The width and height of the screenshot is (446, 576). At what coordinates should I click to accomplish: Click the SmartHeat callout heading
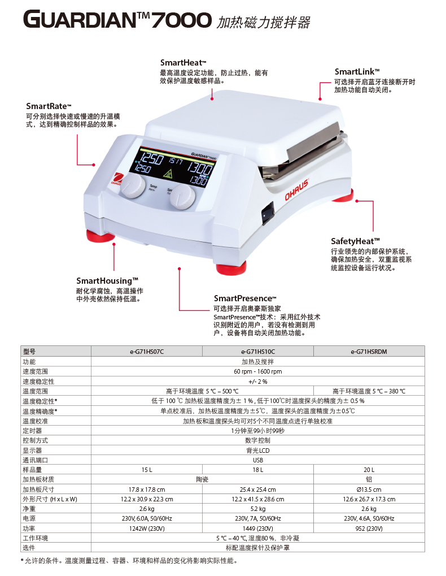point(183,63)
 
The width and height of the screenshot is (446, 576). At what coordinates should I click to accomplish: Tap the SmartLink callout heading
point(357,72)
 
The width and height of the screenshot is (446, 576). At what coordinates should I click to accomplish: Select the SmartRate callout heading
point(49,106)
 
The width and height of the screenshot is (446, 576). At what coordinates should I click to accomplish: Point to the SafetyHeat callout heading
point(355,241)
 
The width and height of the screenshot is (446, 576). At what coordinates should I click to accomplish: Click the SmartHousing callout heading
point(107,281)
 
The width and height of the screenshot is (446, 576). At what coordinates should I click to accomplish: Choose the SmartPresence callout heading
point(245,298)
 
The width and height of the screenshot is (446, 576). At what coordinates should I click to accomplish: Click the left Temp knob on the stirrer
point(133,185)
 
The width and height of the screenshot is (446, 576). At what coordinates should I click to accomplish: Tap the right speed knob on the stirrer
point(182,197)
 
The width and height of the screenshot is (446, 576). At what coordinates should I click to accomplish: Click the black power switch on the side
point(268,213)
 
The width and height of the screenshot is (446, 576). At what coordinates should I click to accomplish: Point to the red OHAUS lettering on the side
point(297,189)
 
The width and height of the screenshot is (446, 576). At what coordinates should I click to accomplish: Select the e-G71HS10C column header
point(258,352)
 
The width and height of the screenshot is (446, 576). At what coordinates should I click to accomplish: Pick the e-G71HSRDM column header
point(369,352)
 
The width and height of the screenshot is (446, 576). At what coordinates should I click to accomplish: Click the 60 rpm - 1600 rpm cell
point(258,371)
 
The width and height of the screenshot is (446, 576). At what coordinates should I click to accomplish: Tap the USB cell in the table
point(258,460)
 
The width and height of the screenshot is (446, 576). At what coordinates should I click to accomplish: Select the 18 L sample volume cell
point(258,470)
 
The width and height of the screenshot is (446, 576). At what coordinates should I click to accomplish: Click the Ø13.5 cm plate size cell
point(369,490)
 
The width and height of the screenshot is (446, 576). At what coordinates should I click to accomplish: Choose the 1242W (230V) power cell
point(147,529)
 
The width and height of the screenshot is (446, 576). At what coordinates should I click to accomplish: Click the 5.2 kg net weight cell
point(258,509)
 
